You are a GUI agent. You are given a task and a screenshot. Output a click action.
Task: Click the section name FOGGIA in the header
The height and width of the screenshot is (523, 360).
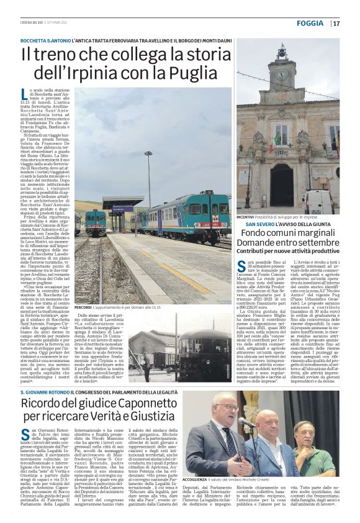click(x=311, y=23)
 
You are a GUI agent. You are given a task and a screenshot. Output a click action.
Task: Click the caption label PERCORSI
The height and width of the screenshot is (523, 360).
click(x=83, y=307)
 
